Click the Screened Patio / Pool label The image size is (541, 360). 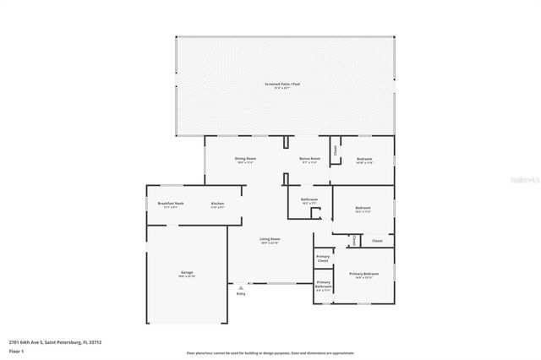click(284, 85)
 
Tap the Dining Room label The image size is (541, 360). click(245, 159)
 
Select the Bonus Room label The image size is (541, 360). click(309, 159)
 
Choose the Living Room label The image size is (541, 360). click(270, 240)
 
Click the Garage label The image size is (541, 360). click(186, 273)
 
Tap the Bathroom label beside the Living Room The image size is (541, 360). click(309, 200)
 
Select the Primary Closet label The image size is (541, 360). click(323, 259)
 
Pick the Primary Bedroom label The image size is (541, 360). click(364, 275)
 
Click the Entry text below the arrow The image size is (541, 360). click(241, 294)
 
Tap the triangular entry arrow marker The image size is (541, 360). click(241, 287)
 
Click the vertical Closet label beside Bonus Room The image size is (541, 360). click(335, 150)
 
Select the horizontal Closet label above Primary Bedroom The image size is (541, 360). click(377, 242)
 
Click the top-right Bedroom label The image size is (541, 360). click(363, 159)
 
